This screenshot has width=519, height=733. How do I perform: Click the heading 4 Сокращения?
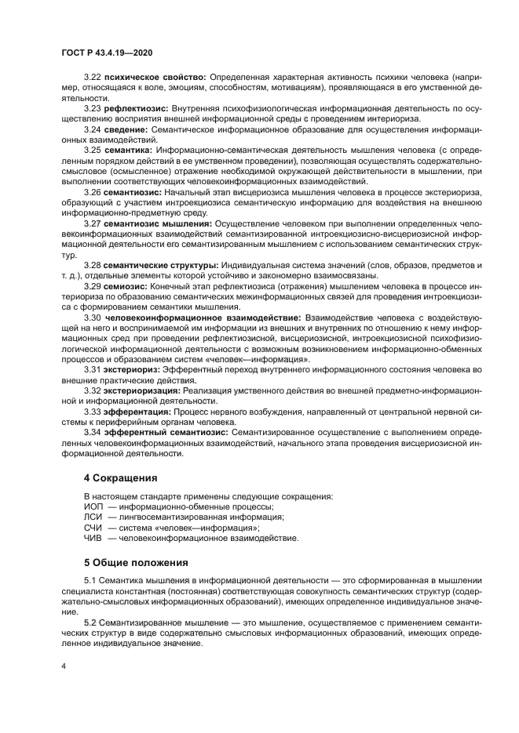[122, 477]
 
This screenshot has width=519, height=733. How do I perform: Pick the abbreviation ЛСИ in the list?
[93, 517]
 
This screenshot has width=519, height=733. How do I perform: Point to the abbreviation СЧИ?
[93, 528]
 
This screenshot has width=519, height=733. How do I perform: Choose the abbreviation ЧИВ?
[93, 538]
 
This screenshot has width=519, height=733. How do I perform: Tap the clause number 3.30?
[93, 318]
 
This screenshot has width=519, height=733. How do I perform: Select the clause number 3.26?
[93, 191]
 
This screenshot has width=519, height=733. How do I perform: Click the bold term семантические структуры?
[162, 265]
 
